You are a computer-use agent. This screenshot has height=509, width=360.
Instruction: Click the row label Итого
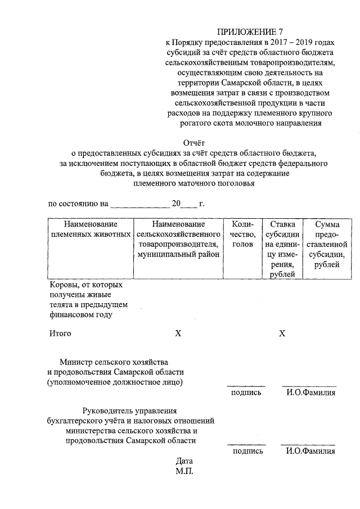pyautogui.click(x=60, y=334)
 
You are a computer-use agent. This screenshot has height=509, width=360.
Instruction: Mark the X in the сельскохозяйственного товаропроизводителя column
pyautogui.click(x=178, y=334)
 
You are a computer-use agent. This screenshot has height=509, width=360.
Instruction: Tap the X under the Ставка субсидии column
pyautogui.click(x=282, y=334)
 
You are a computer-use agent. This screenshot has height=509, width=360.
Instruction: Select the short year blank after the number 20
pyautogui.click(x=191, y=204)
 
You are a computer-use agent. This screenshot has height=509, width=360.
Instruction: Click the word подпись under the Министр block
pyautogui.click(x=246, y=393)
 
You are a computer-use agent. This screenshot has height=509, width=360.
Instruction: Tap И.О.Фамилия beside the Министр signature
pyautogui.click(x=310, y=393)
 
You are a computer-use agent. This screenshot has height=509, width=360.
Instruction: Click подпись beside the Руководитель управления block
pyautogui.click(x=246, y=451)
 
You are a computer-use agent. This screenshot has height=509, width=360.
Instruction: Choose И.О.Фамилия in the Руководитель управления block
pyautogui.click(x=310, y=451)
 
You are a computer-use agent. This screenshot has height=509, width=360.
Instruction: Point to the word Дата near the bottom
pyautogui.click(x=184, y=461)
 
